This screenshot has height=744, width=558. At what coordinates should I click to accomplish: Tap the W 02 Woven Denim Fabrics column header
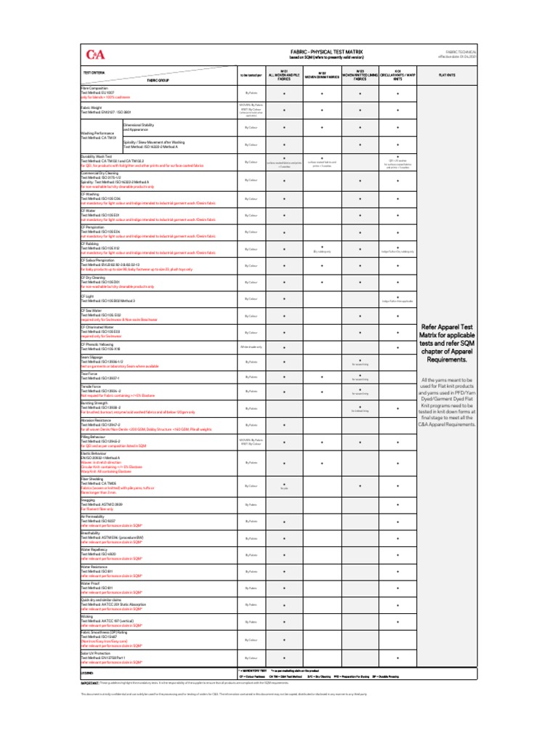pyautogui.click(x=322, y=75)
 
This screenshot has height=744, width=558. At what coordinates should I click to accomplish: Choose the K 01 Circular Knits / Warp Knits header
pyautogui.click(x=397, y=75)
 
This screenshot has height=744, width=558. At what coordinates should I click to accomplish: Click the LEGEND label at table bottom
pyautogui.click(x=88, y=673)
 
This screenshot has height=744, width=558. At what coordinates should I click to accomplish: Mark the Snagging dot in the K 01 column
pyautogui.click(x=398, y=504)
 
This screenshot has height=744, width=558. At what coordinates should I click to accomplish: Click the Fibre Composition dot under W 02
pyautogui.click(x=322, y=93)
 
